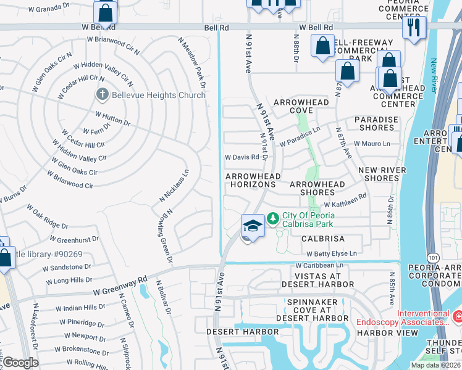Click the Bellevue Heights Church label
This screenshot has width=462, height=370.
click(x=159, y=95)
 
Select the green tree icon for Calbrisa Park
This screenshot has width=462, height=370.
click(x=272, y=219)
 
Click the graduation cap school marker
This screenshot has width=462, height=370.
click(x=253, y=226)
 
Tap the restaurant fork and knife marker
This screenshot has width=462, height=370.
click(x=413, y=27)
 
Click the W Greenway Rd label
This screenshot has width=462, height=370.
click(x=120, y=286)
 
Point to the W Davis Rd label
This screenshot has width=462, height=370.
click(x=241, y=157)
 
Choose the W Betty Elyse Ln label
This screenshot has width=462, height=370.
click(x=332, y=253)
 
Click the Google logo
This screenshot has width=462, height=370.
click(x=20, y=363)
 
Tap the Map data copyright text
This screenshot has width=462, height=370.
click(x=435, y=365)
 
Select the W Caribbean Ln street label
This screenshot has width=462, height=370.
click(x=318, y=265)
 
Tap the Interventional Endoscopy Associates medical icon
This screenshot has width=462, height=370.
click(x=458, y=317)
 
